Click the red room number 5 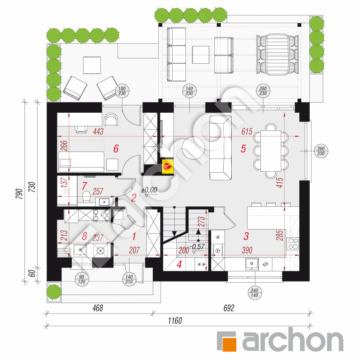pyautogui.click(x=243, y=149)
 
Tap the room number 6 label pyautogui.click(x=116, y=149)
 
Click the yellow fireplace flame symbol pyautogui.click(x=167, y=167)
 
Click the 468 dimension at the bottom pyautogui.click(x=97, y=309)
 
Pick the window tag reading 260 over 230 pyautogui.click(x=321, y=151)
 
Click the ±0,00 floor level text pyautogui.click(x=149, y=190)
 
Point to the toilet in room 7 pyautogui.click(x=86, y=197)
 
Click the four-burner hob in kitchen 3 pyautogui.click(x=293, y=243)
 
